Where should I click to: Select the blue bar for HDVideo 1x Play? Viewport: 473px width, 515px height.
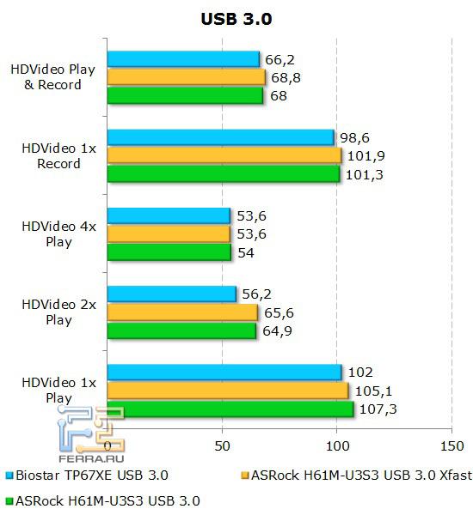point(224,373)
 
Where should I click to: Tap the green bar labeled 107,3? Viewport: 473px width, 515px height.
point(230,409)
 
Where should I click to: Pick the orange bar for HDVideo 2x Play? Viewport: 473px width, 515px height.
point(182,312)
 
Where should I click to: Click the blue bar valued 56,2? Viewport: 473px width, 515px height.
point(172,294)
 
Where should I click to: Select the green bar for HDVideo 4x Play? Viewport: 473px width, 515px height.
point(169,252)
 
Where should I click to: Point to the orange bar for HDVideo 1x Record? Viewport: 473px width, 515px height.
point(224,155)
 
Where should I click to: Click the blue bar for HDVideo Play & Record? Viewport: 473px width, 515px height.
point(183,58)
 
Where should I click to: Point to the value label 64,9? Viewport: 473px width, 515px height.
point(276,331)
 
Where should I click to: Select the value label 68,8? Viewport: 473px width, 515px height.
point(286,77)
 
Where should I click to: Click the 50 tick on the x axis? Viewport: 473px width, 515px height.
point(222,446)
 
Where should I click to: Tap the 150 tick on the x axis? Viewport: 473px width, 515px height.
point(451,446)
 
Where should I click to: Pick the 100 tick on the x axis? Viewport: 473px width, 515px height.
point(336,446)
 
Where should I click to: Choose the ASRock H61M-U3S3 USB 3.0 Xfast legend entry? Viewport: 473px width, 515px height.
point(353,475)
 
